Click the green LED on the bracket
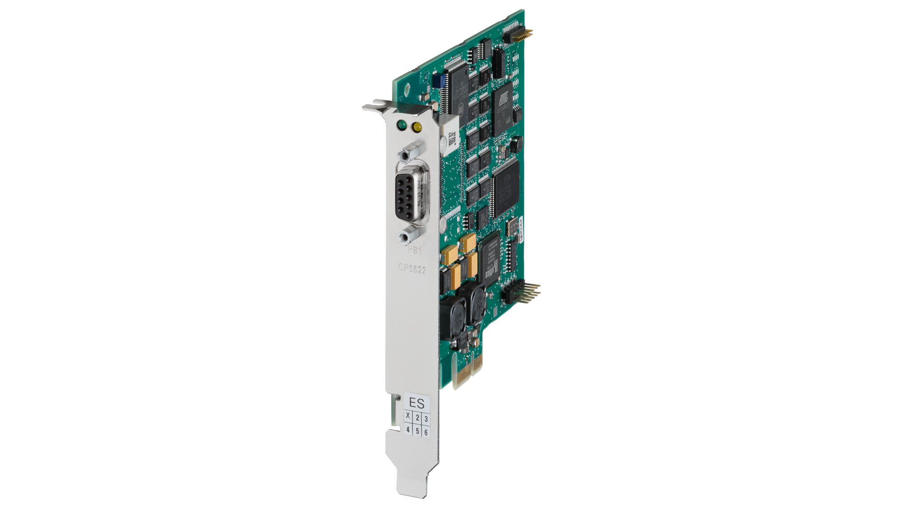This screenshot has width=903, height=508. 400,125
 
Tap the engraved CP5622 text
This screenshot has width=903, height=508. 412,269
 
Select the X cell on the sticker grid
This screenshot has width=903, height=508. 408,416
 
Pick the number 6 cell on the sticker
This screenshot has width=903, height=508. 426,432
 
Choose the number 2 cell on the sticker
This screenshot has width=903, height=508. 418,418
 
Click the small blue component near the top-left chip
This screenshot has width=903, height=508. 437,81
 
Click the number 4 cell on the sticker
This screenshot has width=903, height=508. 408,429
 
